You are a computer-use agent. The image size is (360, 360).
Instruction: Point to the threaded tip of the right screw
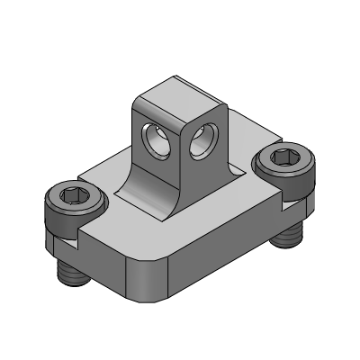click(288, 237)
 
